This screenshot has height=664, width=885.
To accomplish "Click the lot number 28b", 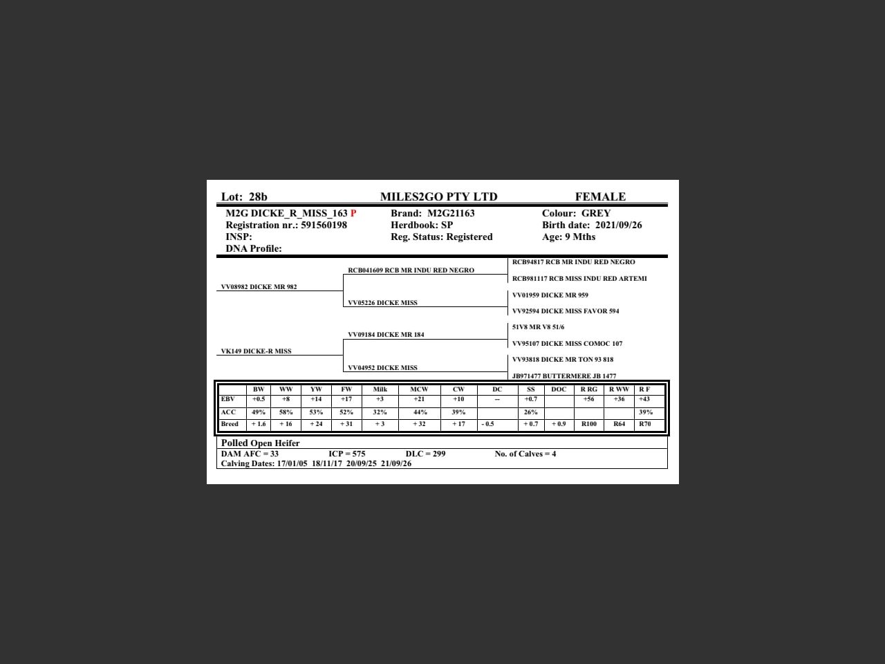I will tap(257, 197).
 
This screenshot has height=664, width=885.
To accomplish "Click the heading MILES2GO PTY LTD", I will tap(438, 197).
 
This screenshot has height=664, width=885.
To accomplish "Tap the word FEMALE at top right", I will tap(599, 197).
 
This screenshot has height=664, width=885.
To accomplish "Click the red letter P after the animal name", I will tap(353, 214).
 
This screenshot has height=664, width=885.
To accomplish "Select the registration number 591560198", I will tap(324, 225).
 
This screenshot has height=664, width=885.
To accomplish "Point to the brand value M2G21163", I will tap(451, 214).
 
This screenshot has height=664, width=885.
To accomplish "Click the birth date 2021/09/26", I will tap(618, 225).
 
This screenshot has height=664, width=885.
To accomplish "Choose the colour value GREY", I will tap(595, 214).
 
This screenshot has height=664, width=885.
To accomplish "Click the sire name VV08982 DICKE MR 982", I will tap(259, 287).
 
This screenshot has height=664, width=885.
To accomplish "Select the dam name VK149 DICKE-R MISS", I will tap(256, 351).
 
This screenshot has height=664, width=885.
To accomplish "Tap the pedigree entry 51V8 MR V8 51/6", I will tap(538, 327).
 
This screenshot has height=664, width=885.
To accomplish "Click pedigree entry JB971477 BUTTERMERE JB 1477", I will tap(563, 376).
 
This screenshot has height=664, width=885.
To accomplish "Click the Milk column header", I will tap(380, 389).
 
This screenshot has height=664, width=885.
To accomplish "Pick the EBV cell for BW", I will tap(258, 399).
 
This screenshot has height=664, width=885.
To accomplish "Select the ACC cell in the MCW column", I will tap(420, 412).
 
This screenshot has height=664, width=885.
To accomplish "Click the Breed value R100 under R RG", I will tap(588, 424).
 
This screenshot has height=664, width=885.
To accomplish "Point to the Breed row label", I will tap(230, 424).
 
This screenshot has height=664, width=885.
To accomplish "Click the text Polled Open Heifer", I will tap(260, 443).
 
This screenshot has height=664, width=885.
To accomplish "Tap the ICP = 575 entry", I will tap(346, 454).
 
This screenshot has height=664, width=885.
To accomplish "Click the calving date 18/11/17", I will tap(326, 464).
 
